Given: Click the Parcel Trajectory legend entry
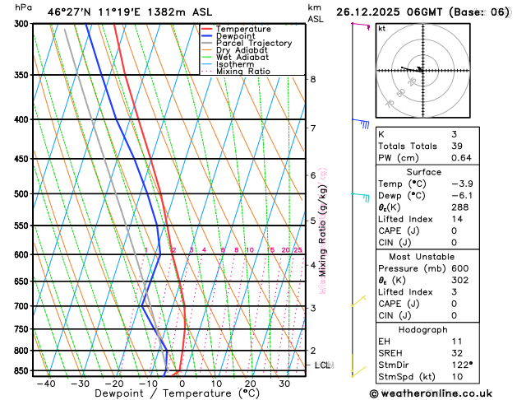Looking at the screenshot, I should click(253, 43).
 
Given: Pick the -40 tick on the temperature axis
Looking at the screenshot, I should click(46, 384).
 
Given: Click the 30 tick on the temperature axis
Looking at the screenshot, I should click(284, 384).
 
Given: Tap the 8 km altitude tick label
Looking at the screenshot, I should click(313, 79).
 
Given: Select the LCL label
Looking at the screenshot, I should click(323, 365).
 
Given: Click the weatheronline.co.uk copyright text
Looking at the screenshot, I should click(442, 393).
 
